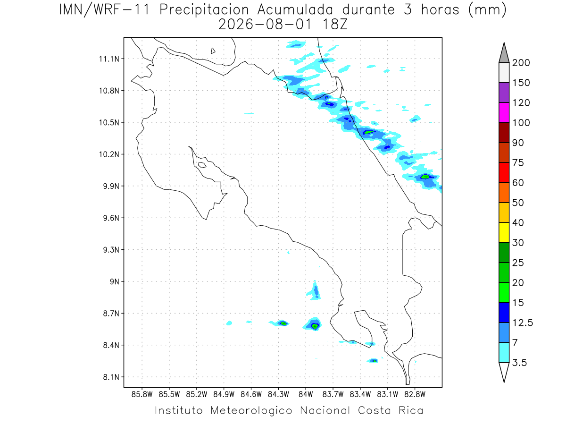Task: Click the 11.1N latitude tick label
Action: click(x=109, y=59)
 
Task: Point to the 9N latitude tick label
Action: click(x=114, y=281)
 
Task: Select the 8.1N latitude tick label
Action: click(x=111, y=377)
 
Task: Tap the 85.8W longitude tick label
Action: click(x=142, y=395)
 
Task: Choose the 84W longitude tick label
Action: click(x=306, y=395)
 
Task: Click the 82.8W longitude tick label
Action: click(x=415, y=395)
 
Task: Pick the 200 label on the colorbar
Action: click(x=521, y=63)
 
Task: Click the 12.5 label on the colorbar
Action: click(x=523, y=323)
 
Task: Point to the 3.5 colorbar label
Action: click(x=519, y=363)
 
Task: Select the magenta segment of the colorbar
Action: click(x=504, y=112)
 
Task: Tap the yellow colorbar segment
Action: click(x=504, y=232)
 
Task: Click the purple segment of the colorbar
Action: click(x=504, y=93)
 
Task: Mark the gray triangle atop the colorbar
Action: click(x=504, y=52)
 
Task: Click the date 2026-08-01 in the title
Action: click(x=265, y=25)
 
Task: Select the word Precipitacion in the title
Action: click(x=204, y=10)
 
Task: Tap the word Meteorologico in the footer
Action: click(x=251, y=410)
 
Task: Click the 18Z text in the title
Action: click(x=335, y=25)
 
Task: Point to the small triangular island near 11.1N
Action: click(x=212, y=51)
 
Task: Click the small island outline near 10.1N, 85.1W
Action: click(x=202, y=165)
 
